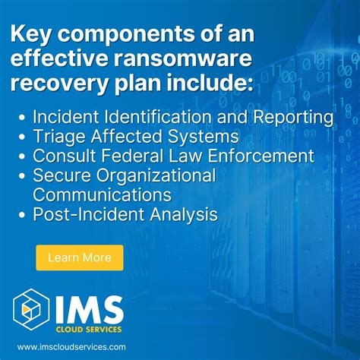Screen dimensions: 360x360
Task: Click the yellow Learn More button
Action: click(x=79, y=257)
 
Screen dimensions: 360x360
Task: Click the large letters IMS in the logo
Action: click(x=87, y=308)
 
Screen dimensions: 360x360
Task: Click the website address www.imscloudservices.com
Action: click(x=72, y=346)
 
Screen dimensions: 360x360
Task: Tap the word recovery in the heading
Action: click(x=61, y=84)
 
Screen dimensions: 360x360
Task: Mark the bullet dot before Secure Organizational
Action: click(x=24, y=176)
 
